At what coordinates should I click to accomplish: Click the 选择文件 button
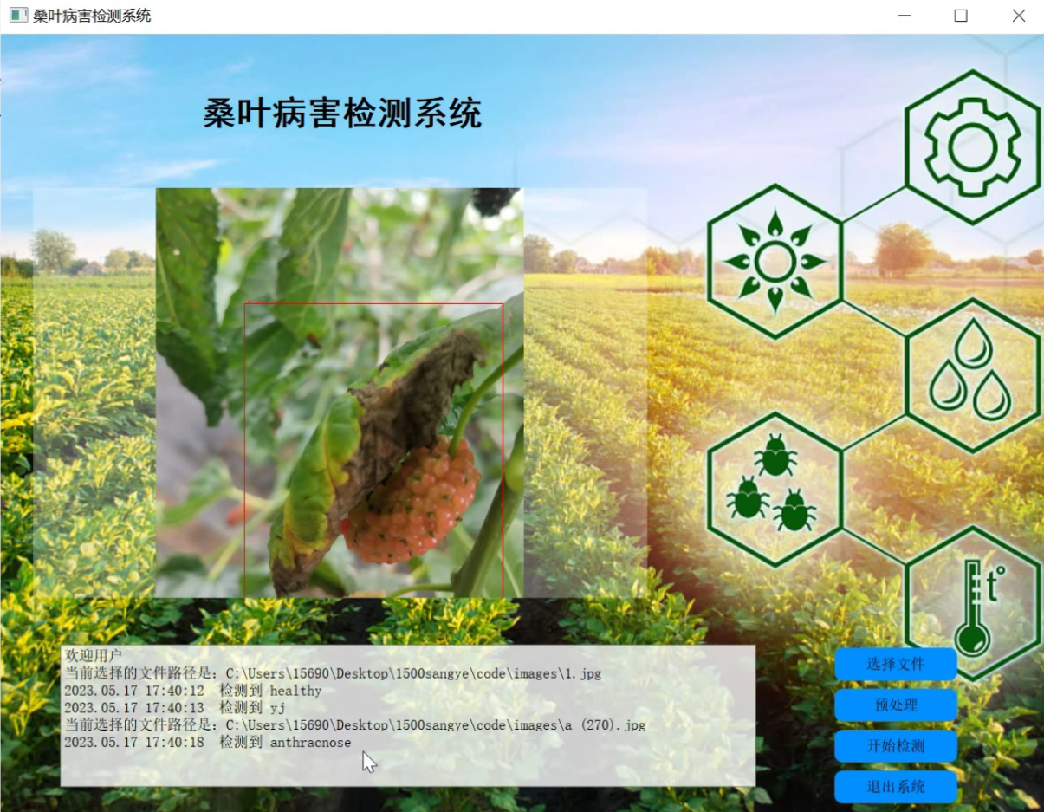click(896, 664)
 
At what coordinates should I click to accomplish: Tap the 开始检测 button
click(896, 745)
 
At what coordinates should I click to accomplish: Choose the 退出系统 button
click(896, 787)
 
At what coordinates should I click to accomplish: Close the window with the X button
click(1019, 16)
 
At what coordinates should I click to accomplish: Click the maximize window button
click(961, 16)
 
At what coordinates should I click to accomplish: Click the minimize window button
click(905, 16)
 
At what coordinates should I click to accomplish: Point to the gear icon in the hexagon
click(972, 147)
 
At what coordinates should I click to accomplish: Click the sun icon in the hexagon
click(775, 262)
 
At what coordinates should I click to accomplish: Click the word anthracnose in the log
click(310, 743)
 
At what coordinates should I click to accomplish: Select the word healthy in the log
click(295, 691)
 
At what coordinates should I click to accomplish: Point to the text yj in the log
click(277, 708)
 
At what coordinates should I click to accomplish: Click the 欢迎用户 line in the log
click(94, 655)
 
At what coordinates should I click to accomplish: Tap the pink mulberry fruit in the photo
click(412, 501)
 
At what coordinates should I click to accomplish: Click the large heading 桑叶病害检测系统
click(342, 114)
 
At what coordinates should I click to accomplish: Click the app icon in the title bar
click(19, 16)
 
